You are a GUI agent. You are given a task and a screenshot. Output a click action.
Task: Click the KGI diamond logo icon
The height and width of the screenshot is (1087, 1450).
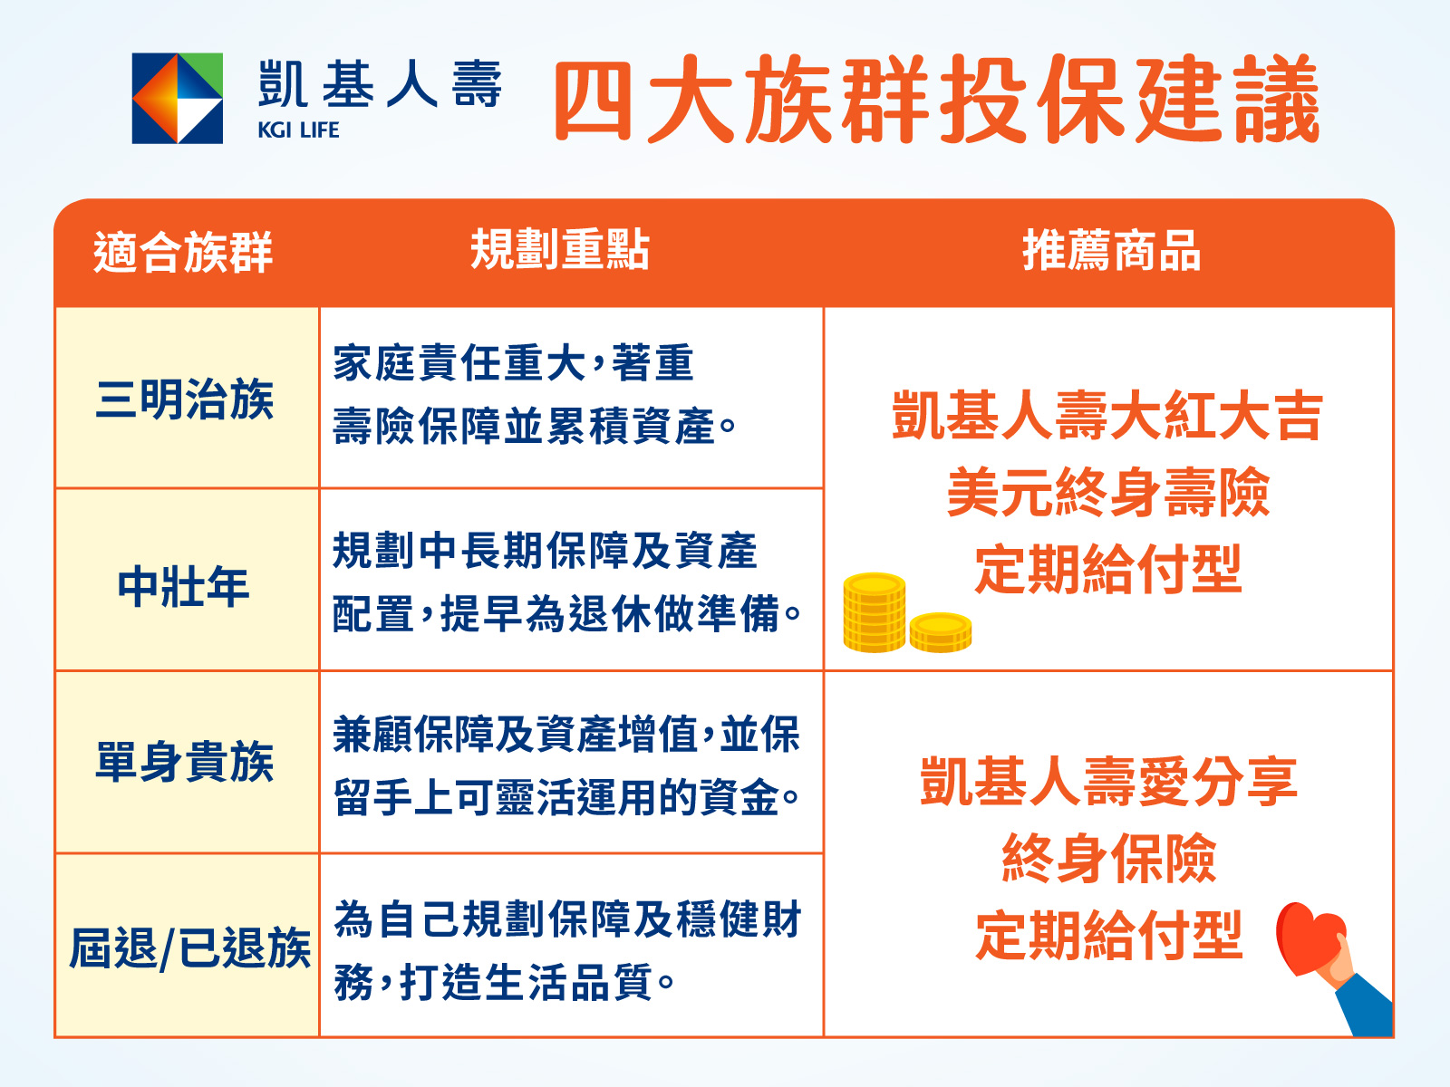tap(177, 99)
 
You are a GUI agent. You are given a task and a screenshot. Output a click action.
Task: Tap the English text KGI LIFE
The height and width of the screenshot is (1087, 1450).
tap(298, 130)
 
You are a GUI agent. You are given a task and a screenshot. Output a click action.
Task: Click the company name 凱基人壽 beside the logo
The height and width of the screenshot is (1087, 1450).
tap(380, 84)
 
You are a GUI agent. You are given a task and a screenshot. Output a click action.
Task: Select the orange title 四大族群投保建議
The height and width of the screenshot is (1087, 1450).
tap(937, 99)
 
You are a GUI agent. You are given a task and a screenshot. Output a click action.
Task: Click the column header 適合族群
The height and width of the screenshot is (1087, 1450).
tap(183, 252)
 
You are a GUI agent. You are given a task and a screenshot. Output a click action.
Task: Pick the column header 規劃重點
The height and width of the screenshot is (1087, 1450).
tap(560, 249)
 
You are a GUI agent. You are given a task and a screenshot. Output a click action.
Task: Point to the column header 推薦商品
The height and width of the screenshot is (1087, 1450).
tap(1112, 250)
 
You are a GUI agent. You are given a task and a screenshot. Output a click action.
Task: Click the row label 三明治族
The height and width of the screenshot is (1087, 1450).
tap(184, 399)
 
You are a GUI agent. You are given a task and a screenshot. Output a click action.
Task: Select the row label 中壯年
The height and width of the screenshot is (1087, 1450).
tap(184, 586)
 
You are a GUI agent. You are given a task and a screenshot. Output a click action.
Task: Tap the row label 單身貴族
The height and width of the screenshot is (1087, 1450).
tap(184, 762)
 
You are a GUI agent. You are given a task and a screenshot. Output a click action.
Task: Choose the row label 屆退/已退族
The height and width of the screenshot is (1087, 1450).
tap(190, 948)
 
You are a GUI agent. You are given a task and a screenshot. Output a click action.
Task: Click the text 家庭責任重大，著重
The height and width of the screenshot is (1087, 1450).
tap(513, 363)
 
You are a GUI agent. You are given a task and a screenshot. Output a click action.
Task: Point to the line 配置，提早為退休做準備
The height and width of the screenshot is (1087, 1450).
tap(566, 614)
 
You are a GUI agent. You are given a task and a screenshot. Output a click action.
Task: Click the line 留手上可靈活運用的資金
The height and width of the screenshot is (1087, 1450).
tap(566, 797)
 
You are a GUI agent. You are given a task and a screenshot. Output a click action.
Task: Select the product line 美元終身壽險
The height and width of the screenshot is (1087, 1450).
tap(1107, 492)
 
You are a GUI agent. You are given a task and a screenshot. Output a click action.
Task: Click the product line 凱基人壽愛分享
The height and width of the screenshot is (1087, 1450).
tap(1108, 782)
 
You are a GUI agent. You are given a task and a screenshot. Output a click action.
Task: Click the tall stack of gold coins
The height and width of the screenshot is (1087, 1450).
tap(874, 612)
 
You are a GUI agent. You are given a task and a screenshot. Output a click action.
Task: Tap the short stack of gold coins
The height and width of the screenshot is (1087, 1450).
tap(941, 632)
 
